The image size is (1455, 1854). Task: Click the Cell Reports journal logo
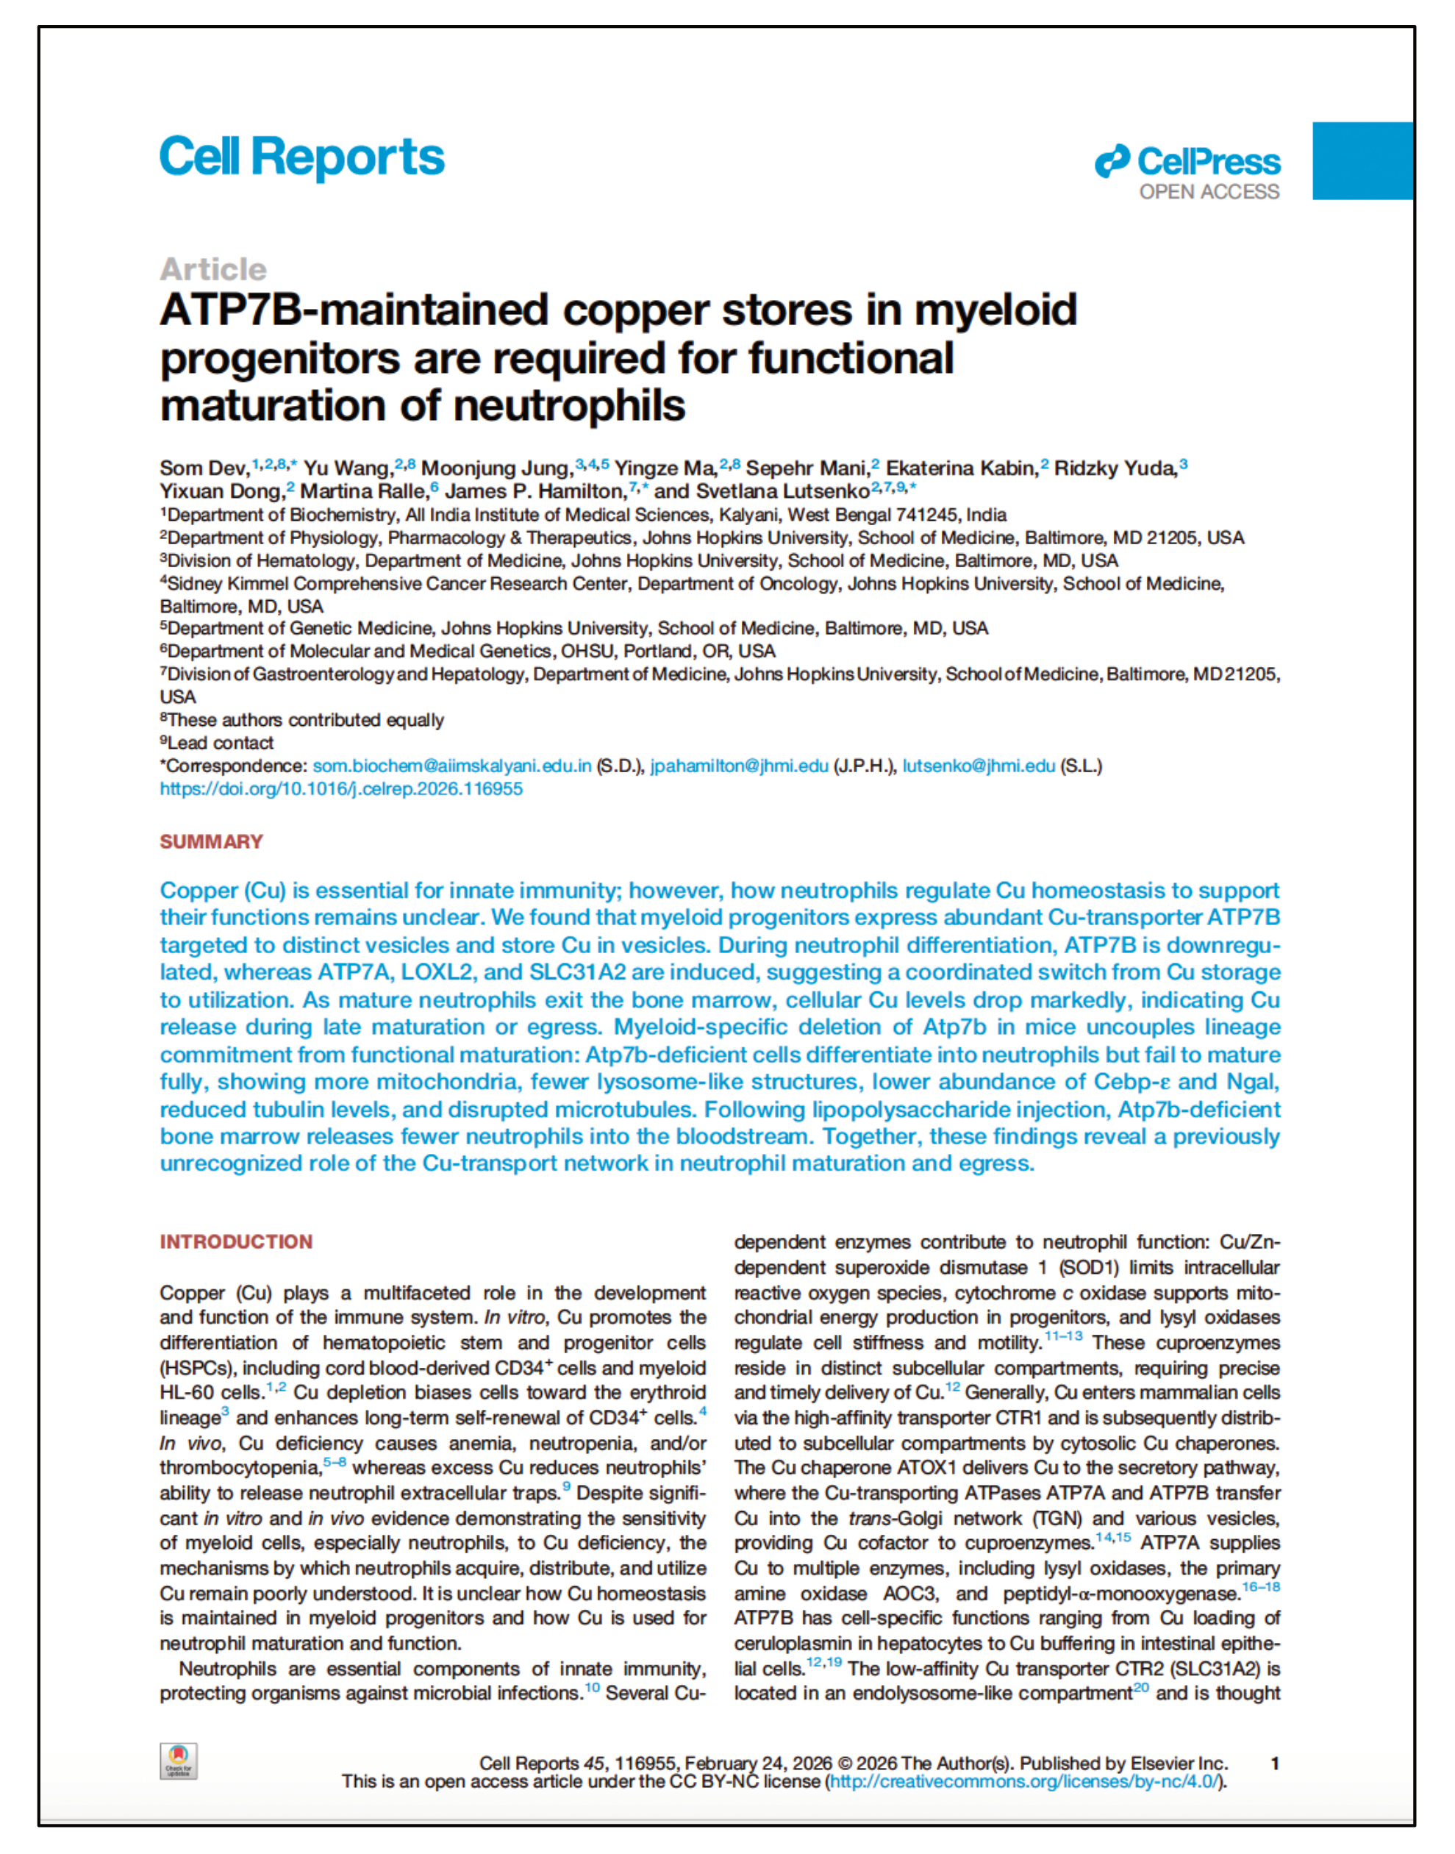point(301,157)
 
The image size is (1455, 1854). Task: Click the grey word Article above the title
point(213,269)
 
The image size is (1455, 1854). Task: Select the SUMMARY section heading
point(211,842)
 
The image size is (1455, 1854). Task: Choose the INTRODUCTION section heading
point(236,1241)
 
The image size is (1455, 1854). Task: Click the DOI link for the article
point(340,789)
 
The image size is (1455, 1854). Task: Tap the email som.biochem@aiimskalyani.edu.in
point(451,766)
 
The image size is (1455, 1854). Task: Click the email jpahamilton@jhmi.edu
point(739,766)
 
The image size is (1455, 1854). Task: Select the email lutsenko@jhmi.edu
point(978,766)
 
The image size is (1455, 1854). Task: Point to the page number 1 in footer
point(1274,1764)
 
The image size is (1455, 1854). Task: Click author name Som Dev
point(204,468)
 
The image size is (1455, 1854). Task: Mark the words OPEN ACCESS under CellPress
point(1209,193)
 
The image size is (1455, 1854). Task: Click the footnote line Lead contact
point(220,743)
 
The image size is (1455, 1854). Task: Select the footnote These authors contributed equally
point(305,720)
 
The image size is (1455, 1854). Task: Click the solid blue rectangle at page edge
point(1362,161)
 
